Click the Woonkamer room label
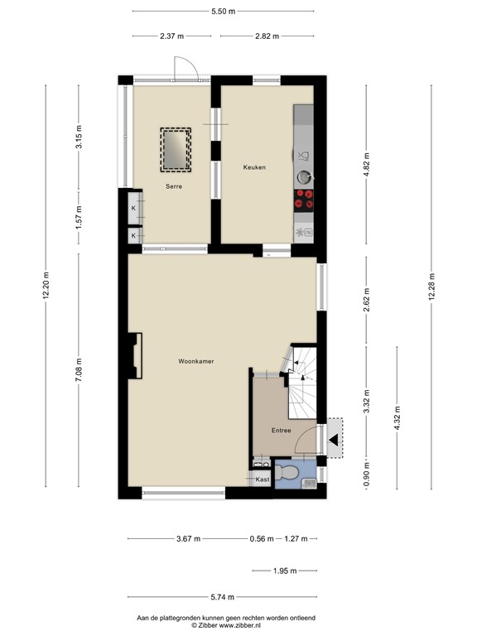[196, 361]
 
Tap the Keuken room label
[253, 168]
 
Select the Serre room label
[173, 188]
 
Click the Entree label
[282, 431]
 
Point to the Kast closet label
[262, 479]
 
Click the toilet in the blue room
[290, 472]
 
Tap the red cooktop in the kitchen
[304, 199]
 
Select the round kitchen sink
[304, 176]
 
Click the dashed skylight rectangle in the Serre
[176, 149]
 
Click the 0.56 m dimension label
[263, 539]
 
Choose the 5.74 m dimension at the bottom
[222, 598]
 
